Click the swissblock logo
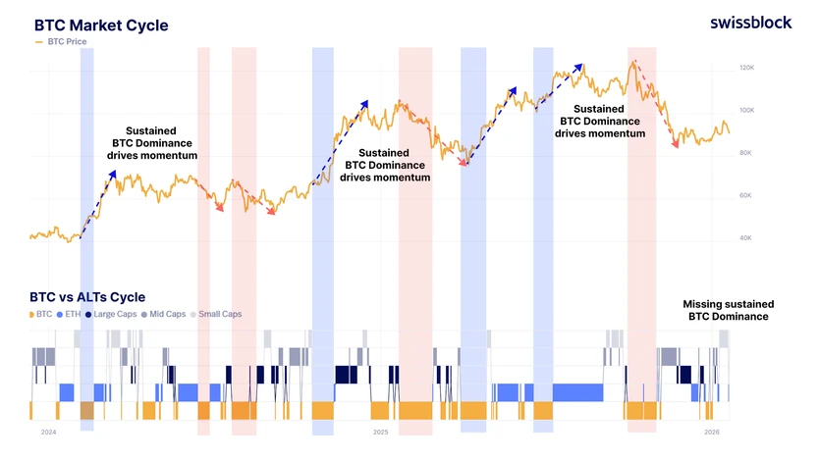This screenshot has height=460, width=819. (750, 23)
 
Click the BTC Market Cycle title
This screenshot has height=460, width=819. (101, 26)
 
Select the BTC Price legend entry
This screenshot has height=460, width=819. (61, 41)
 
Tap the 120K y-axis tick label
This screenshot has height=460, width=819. (746, 68)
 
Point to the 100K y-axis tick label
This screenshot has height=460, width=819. (746, 111)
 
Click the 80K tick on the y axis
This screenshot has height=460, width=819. (745, 153)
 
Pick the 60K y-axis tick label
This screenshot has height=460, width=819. (745, 195)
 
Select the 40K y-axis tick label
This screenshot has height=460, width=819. (745, 237)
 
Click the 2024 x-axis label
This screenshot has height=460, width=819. (48, 433)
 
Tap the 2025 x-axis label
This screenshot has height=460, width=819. (381, 433)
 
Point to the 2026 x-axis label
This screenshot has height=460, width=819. (712, 433)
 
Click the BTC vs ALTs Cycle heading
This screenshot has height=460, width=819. (87, 297)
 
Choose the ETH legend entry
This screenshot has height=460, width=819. (69, 314)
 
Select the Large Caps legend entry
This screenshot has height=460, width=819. (111, 314)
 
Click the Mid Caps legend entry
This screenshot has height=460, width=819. (163, 314)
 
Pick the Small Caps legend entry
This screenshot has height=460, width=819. (216, 314)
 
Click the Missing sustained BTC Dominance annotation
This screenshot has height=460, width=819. (728, 310)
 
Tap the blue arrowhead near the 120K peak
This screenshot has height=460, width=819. (577, 68)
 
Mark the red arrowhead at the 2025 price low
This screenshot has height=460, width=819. (463, 163)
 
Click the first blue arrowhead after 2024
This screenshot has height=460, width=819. (112, 175)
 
